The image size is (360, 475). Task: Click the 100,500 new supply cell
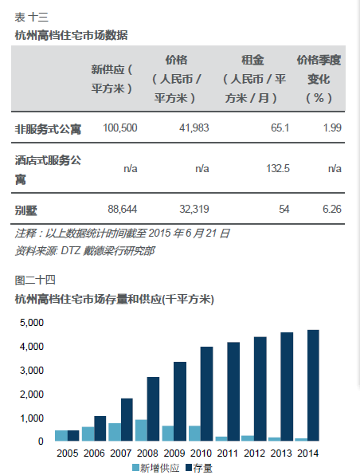tap(120, 128)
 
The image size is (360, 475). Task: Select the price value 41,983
tap(194, 128)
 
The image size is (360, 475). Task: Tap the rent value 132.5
tap(278, 168)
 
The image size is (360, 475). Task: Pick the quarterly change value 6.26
tap(332, 209)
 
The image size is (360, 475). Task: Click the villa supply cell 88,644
tap(123, 209)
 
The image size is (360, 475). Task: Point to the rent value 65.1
tap(280, 128)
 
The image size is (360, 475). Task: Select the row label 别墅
tap(26, 210)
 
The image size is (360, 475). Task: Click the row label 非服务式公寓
tap(48, 129)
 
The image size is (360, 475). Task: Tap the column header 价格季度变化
tap(319, 79)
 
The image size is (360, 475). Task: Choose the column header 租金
tap(252, 60)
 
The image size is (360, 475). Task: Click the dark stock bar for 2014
tap(313, 385)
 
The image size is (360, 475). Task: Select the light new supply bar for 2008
tap(142, 430)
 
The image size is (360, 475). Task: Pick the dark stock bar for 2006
tap(100, 428)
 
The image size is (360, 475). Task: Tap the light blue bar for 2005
tap(61, 436)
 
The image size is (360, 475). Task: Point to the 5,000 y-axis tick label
tap(32, 322)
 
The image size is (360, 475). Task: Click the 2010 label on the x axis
tap(201, 453)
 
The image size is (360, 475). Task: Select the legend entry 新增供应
tap(156, 468)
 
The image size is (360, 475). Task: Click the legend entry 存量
tap(199, 468)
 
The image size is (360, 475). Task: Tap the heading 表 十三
tap(32, 18)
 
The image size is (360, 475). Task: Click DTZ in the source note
tap(71, 251)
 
